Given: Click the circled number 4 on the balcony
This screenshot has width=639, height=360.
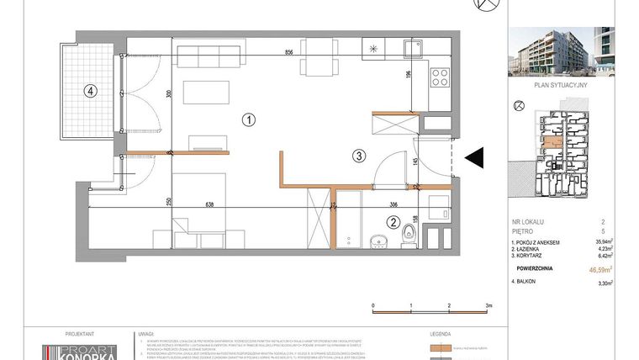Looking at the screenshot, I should point(87,92).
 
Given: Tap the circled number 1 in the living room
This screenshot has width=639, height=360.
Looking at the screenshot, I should point(248,119).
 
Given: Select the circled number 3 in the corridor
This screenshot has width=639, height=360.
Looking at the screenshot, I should point(358,155).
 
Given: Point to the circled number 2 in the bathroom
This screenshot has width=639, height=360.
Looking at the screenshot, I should point(392,223).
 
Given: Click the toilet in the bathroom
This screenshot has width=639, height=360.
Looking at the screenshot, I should point(409,235).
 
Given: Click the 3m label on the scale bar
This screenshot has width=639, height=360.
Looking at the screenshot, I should point(488,306).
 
